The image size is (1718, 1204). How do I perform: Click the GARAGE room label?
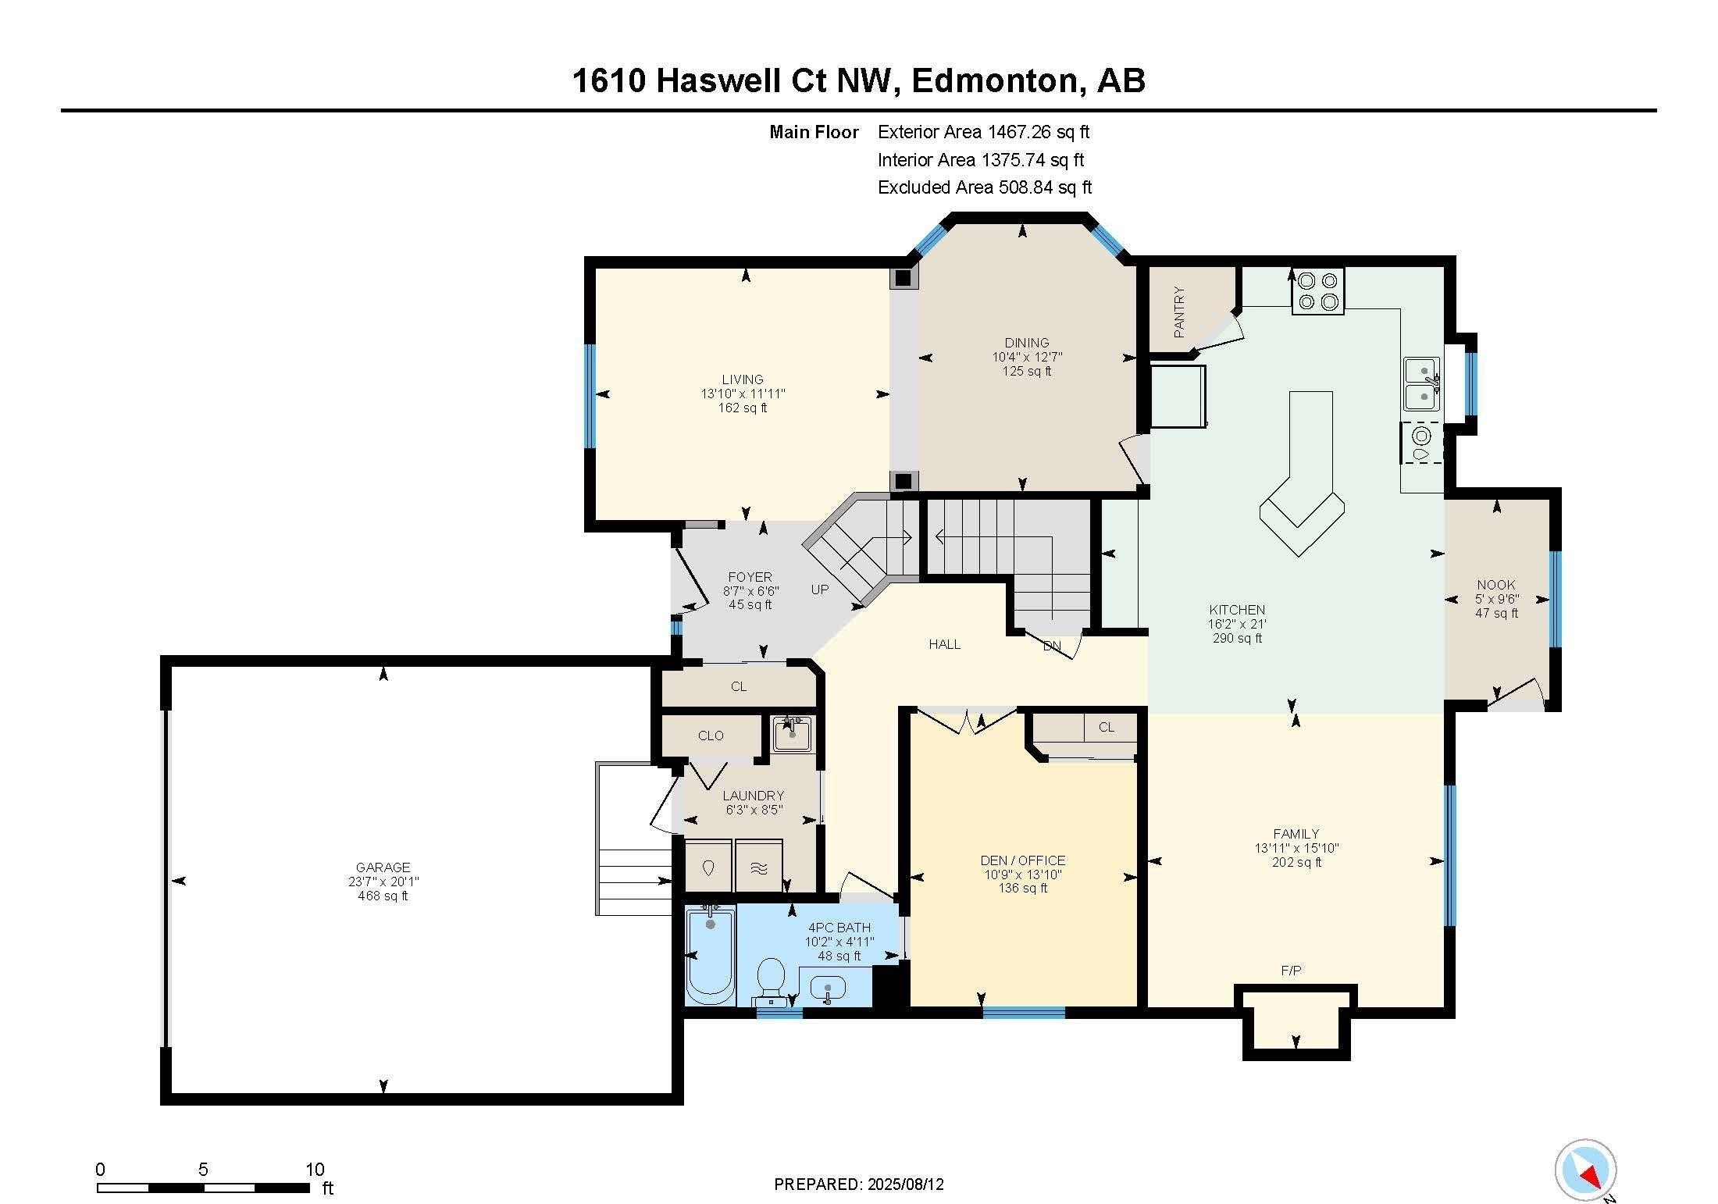click(383, 867)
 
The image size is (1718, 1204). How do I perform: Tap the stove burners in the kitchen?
click(1317, 291)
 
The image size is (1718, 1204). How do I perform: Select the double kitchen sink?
click(1422, 383)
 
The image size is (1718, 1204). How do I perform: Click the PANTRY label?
click(1179, 312)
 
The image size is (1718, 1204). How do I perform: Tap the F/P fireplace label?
click(1291, 971)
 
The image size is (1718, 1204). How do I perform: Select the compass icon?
click(1585, 1170)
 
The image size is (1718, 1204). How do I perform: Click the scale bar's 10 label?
click(315, 1170)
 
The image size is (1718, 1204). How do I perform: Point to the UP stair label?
click(819, 590)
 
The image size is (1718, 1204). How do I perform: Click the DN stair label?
click(1053, 646)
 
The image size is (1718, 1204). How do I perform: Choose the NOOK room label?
click(1496, 585)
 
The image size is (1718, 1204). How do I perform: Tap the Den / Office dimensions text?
click(1023, 875)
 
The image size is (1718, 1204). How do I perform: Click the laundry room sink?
click(792, 734)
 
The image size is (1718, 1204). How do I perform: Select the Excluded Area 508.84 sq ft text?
click(985, 187)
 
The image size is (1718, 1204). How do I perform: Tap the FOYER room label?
click(750, 577)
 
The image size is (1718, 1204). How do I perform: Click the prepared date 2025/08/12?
click(905, 1184)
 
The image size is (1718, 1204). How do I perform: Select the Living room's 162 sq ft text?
click(743, 408)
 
